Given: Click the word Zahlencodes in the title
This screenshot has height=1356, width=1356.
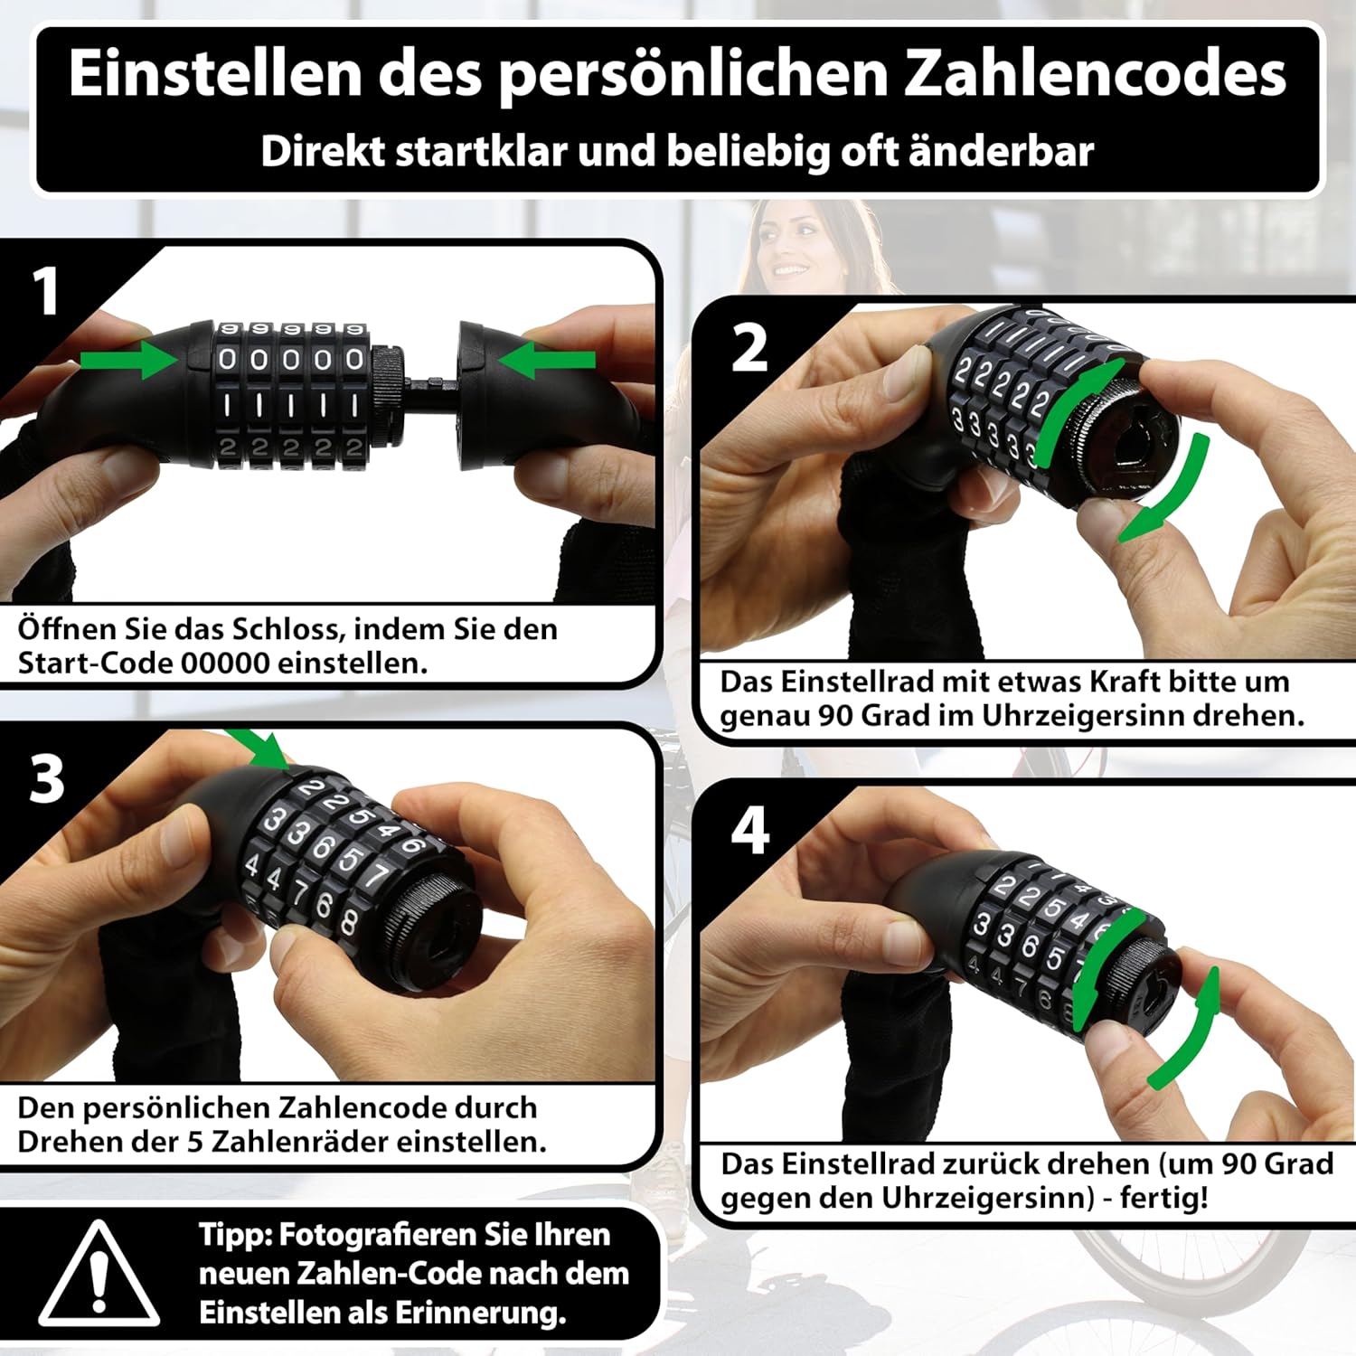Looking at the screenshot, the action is [1095, 74].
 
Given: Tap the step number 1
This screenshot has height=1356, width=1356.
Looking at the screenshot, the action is [45, 291].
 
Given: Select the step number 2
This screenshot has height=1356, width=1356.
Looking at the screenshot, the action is [749, 348].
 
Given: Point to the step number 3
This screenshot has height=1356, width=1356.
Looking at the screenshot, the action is [47, 778].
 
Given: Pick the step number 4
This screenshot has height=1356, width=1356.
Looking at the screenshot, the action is [750, 831].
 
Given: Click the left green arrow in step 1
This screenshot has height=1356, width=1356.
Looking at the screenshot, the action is [129, 360].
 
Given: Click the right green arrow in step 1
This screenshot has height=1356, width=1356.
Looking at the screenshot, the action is [546, 360].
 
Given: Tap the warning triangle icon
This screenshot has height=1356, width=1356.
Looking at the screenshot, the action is [99, 1274].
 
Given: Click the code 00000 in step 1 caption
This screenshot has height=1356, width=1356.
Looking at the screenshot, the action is [225, 663].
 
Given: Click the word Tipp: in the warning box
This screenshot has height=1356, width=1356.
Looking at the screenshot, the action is [234, 1236].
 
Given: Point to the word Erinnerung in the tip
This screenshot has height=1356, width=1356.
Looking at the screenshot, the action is [473, 1314].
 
